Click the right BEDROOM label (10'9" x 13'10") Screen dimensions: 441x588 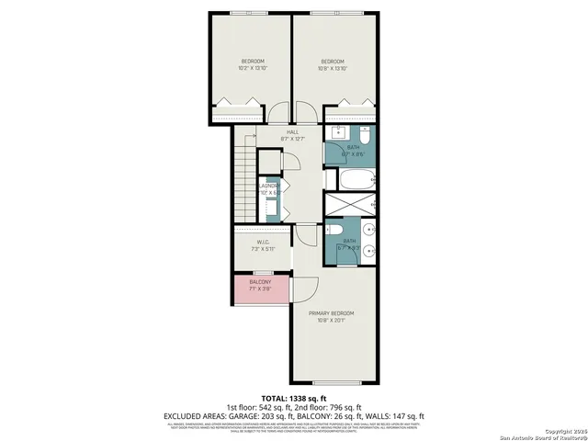point(334,65)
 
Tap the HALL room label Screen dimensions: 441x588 point(293,136)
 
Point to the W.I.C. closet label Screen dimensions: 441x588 point(263,245)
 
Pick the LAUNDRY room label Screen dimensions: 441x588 point(269,189)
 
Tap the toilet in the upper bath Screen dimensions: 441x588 point(363,137)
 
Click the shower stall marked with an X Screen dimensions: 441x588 point(350,204)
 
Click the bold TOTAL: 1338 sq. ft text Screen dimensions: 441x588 point(293,397)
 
